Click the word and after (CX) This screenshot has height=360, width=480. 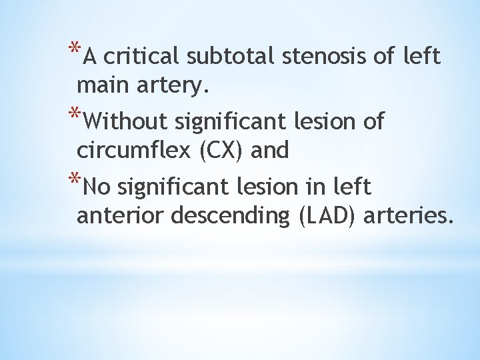(x=270, y=151)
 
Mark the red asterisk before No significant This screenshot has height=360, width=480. (x=75, y=180)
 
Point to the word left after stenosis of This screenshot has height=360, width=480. (x=422, y=57)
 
